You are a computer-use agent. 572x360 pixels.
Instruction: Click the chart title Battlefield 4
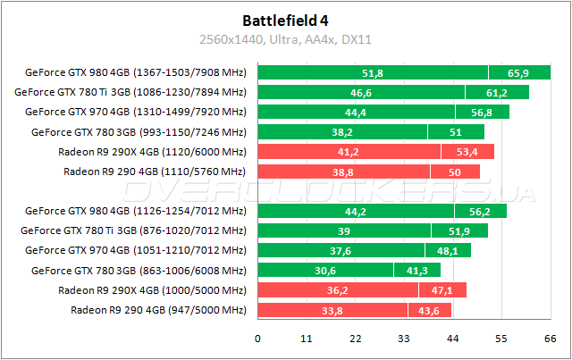pos(285,21)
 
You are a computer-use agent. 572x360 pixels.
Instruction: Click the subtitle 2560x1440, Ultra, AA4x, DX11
pos(285,40)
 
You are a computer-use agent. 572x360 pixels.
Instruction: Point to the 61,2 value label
pos(497,92)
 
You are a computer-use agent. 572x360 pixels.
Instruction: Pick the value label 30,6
pos(324,270)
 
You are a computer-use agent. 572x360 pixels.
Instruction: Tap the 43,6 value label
pos(430,310)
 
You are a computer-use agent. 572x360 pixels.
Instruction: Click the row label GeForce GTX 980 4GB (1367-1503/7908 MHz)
pos(136,72)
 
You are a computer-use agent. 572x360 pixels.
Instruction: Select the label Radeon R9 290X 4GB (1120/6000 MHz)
pos(151,151)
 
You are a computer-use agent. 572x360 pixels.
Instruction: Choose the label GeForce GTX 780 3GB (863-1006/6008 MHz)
pos(138,270)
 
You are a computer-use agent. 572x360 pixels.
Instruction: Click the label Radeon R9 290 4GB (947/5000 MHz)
pos(157,310)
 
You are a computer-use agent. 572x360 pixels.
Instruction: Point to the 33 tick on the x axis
pos(404,339)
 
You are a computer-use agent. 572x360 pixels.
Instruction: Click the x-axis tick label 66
pos(551,339)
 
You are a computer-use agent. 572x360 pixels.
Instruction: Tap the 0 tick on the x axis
pos(258,339)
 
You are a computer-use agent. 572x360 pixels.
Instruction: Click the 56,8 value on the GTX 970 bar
pos(482,112)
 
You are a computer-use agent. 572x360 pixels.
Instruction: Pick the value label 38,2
pos(342,131)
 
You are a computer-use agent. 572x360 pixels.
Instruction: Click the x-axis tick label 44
pos(453,339)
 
